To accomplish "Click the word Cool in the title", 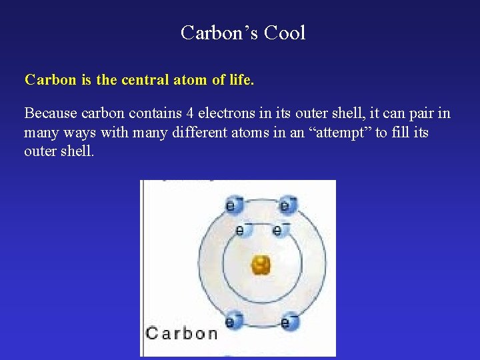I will [285, 33].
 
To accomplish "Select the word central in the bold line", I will [146, 80].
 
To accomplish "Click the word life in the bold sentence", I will [240, 80].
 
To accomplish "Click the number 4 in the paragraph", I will [190, 113].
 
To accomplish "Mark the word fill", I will [397, 132].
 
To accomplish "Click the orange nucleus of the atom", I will [260, 266].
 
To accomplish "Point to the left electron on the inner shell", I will [241, 230].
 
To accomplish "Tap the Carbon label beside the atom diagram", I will [181, 333].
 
